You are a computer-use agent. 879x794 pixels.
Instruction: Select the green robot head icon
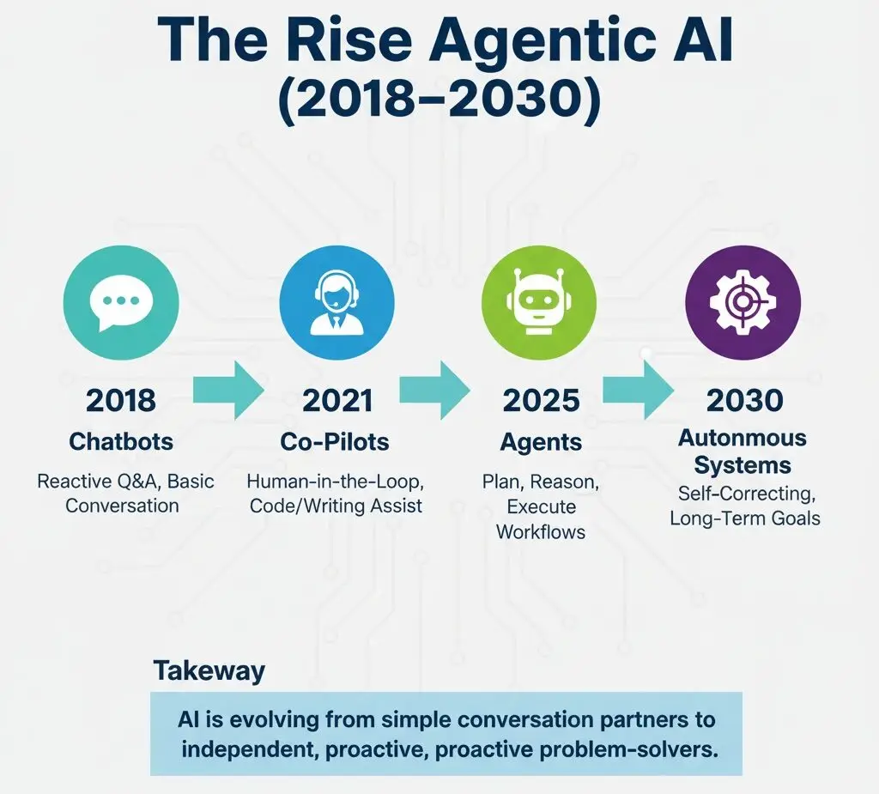pos(539,302)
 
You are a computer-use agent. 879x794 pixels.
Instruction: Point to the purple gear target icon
pos(743,302)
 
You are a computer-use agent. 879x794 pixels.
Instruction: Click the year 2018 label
pos(121,400)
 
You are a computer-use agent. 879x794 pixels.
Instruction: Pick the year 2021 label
pos(337,400)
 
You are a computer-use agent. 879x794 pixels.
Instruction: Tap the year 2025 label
pos(541,400)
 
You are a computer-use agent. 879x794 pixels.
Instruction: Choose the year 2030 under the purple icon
pos(744,400)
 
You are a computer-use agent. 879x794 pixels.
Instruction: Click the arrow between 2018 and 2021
pos(228,391)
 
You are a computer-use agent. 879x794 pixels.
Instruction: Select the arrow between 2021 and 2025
pos(434,391)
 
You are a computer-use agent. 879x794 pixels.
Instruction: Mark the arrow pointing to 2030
pos(638,391)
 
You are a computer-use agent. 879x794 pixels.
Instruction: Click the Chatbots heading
pos(121,442)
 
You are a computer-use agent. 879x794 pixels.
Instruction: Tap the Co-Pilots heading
pos(335,442)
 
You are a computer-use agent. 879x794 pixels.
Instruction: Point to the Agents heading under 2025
pos(541,443)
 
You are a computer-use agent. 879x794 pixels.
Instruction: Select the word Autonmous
pos(743,438)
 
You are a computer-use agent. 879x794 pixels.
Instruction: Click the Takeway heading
pos(209,671)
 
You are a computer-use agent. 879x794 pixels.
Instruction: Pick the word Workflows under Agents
pos(541,531)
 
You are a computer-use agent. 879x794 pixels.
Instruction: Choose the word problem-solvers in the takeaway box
pos(628,749)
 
